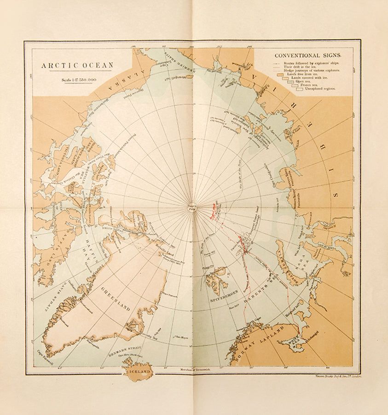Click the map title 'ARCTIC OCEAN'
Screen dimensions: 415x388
pos(77,65)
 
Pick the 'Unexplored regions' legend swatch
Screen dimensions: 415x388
pos(300,89)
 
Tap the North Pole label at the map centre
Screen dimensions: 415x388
pos(192,208)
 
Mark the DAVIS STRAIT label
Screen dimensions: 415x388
pos(54,293)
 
